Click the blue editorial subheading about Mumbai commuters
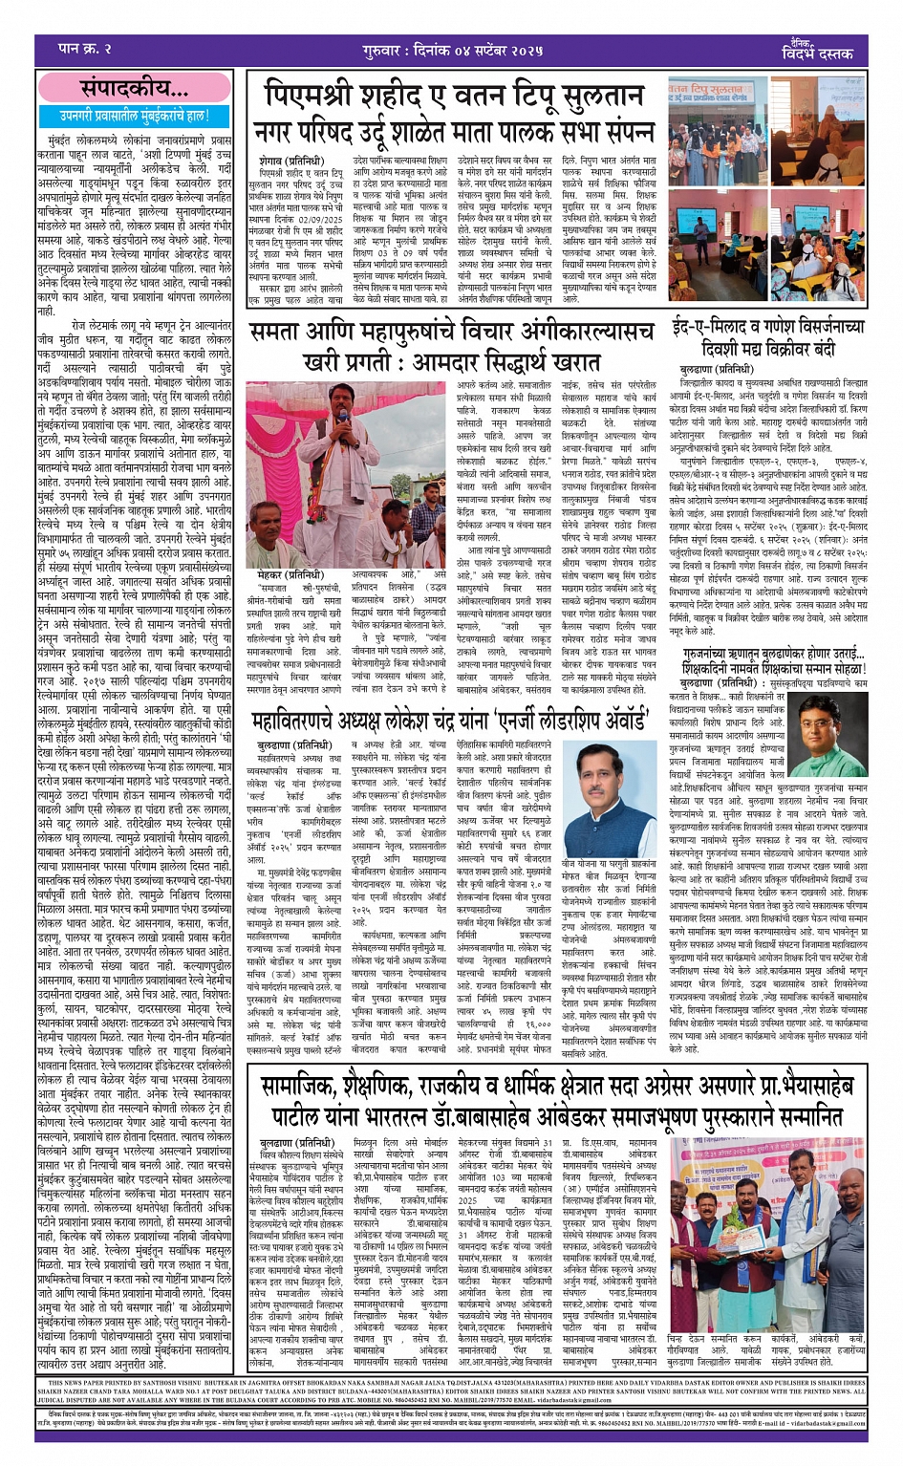(x=135, y=117)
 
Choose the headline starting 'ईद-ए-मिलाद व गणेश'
(x=769, y=324)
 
